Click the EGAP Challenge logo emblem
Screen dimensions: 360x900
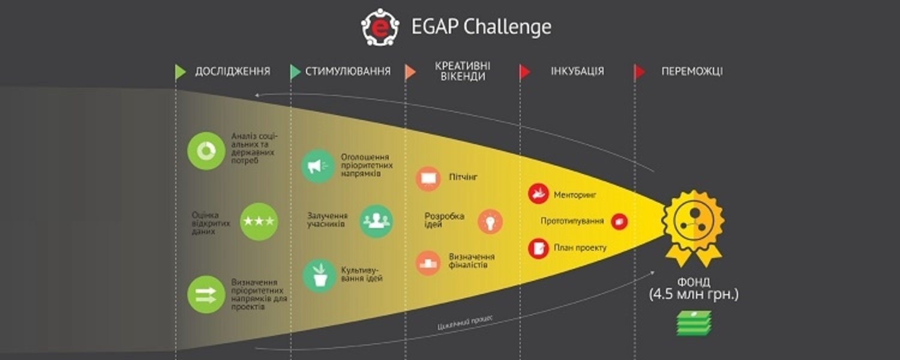380,27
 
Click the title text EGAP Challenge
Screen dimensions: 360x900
481,27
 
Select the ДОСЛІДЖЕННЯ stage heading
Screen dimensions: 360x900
232,71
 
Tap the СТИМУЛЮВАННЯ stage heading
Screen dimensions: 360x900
348,71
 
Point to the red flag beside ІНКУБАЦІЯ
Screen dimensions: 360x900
525,72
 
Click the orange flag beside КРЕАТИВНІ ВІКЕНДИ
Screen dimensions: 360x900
410,72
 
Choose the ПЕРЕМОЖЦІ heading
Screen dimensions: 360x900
692,71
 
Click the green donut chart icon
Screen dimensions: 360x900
206,151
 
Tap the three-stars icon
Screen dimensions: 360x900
259,221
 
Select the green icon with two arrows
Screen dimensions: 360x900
206,295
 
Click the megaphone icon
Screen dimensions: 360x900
318,166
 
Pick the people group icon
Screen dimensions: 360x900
376,221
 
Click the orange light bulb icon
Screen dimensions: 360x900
490,221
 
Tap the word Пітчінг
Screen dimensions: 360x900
463,177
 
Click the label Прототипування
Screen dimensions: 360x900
572,221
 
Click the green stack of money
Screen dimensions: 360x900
694,323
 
